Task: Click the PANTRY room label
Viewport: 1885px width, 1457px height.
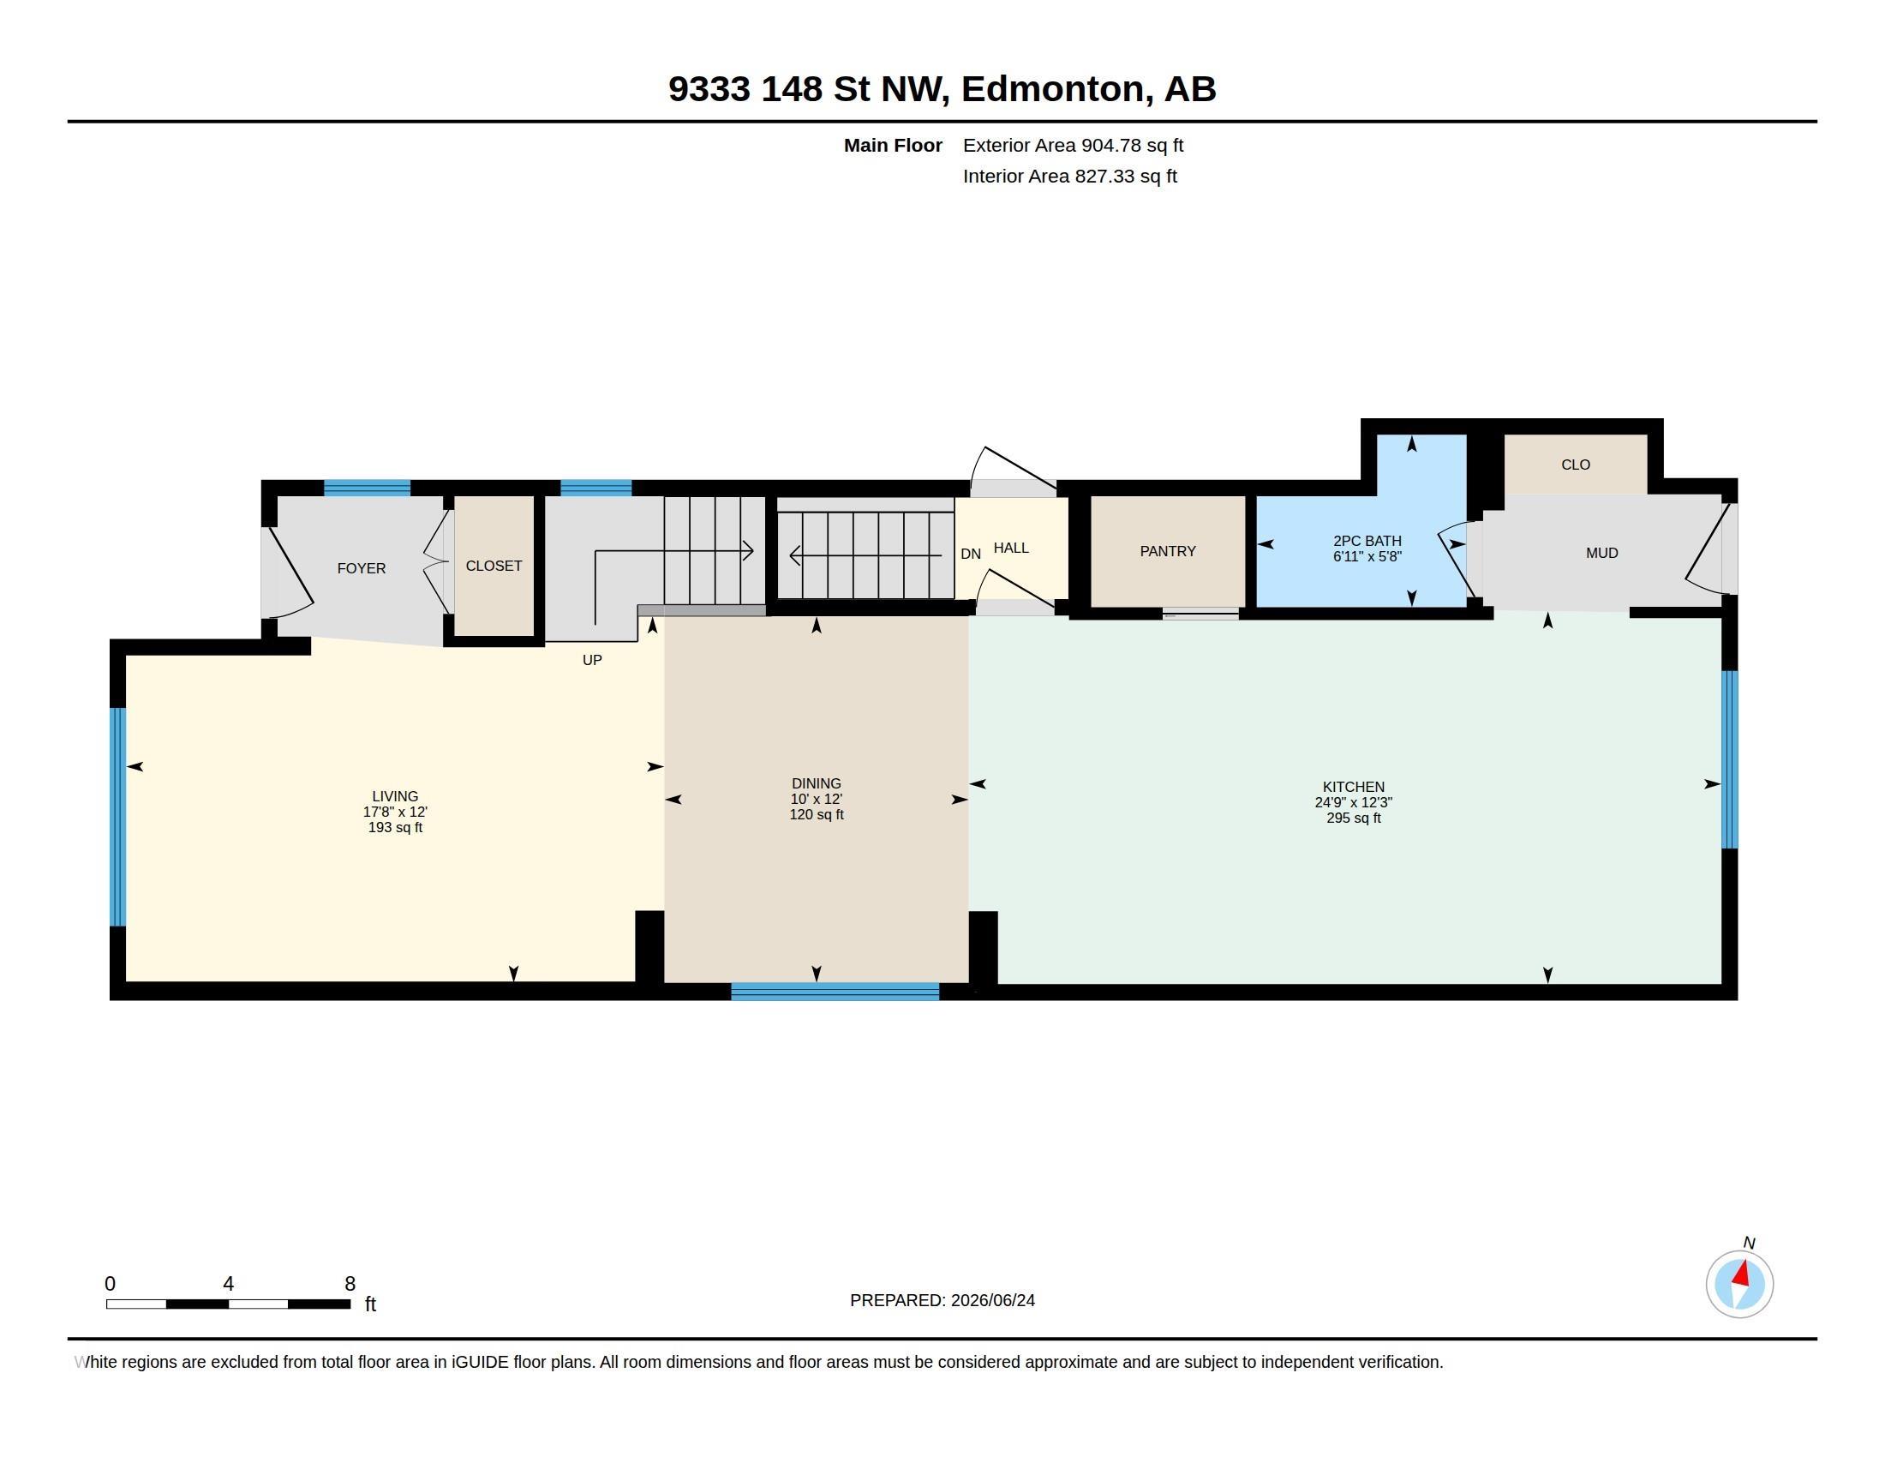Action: point(1167,552)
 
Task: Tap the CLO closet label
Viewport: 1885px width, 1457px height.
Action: point(1575,465)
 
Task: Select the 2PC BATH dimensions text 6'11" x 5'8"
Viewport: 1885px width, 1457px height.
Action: point(1367,557)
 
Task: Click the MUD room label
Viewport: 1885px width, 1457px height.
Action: point(1602,554)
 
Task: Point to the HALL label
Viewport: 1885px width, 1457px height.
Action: point(1011,549)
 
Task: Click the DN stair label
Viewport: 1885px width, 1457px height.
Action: point(970,555)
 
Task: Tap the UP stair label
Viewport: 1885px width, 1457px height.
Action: point(592,660)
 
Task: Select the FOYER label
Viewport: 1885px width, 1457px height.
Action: point(361,569)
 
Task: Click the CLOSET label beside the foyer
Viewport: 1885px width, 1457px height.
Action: point(494,567)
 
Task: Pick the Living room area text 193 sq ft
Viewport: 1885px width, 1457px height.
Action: point(395,828)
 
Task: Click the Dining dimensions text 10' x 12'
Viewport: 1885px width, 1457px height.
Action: point(817,800)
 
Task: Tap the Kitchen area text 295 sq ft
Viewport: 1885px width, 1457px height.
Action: point(1353,818)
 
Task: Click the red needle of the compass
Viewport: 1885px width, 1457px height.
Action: point(1742,1274)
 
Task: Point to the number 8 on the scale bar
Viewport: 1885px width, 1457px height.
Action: point(350,1284)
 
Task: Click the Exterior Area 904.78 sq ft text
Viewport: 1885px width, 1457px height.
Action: point(1073,146)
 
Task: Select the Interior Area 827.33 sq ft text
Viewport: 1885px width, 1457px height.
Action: point(1069,177)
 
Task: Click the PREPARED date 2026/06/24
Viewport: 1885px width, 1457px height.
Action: point(992,1300)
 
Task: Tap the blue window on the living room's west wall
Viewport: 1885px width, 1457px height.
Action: point(118,817)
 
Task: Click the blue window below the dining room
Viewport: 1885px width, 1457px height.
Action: point(835,992)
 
